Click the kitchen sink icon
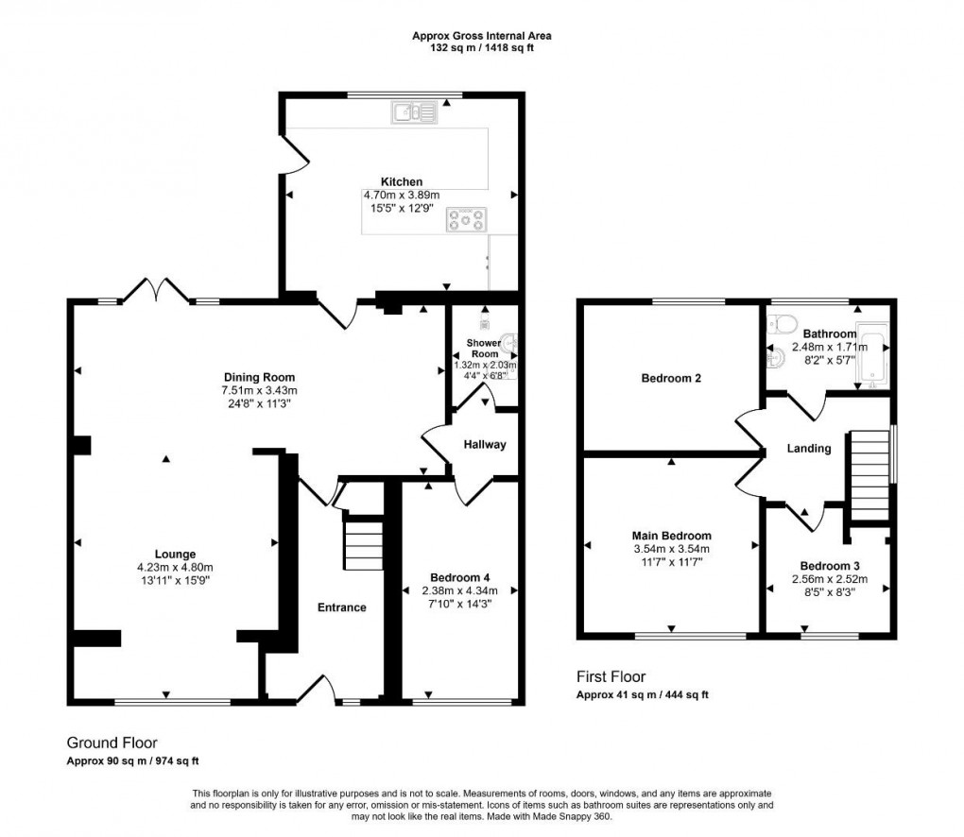click(414, 113)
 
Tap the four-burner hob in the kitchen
click(468, 220)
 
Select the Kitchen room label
click(402, 181)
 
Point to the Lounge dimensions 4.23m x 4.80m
click(176, 567)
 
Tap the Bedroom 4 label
click(459, 577)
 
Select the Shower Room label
click(484, 349)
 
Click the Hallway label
click(484, 444)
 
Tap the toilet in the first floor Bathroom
click(781, 326)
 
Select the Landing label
click(809, 449)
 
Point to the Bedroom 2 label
click(671, 379)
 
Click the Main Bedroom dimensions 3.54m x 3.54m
click(671, 549)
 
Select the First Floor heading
click(611, 676)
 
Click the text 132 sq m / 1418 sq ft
click(482, 48)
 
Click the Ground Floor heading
click(112, 743)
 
